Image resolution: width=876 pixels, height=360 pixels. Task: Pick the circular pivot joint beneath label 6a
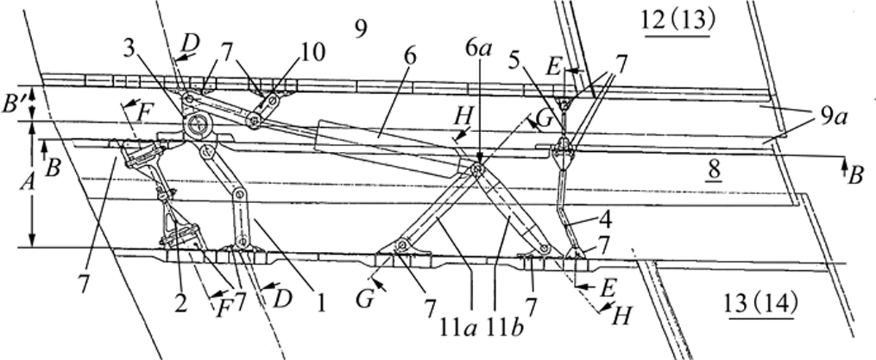pyautogui.click(x=477, y=170)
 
